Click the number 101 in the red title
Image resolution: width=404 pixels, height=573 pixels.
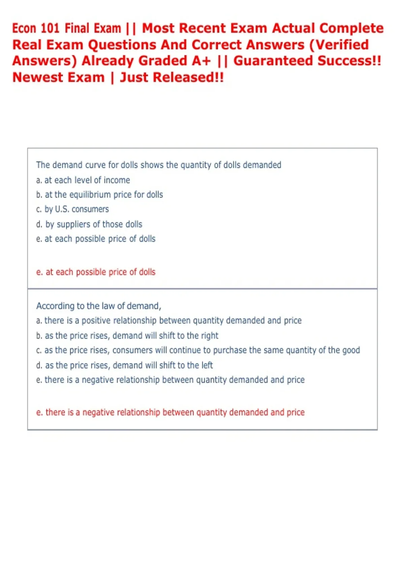[50, 28]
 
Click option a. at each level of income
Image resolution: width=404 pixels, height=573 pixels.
[83, 180]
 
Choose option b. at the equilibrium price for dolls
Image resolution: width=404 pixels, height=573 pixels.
[99, 194]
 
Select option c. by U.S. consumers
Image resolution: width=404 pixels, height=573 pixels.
[72, 209]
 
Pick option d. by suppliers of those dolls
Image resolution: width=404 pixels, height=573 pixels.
[89, 224]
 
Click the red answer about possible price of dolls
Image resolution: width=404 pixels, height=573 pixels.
[96, 272]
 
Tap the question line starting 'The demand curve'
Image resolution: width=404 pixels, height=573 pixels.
[159, 165]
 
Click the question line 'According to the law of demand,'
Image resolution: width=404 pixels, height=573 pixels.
[99, 306]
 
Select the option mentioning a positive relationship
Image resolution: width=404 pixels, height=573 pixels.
[169, 320]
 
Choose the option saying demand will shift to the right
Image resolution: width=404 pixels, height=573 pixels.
[127, 335]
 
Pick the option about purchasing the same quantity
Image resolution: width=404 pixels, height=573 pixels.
[198, 350]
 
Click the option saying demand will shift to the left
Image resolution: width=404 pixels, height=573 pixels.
[124, 365]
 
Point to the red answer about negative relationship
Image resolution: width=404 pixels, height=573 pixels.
[170, 412]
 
